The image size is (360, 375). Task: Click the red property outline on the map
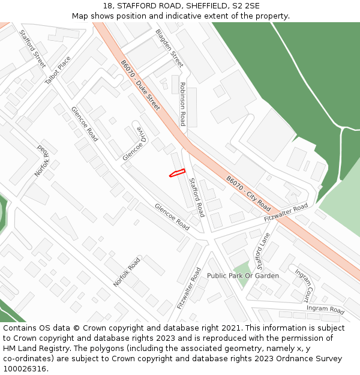tap(176, 173)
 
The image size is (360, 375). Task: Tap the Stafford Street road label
tap(32, 49)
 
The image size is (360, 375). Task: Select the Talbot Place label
tap(58, 70)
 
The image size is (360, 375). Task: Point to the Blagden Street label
tap(169, 47)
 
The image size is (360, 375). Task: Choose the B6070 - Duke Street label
tap(140, 85)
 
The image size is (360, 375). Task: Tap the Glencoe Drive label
tap(133, 143)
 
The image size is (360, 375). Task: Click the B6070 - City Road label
tap(248, 193)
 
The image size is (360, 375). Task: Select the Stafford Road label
tap(196, 197)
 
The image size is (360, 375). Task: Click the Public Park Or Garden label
tap(243, 275)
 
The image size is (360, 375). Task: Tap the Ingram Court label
tap(304, 285)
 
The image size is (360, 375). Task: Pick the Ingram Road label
tap(325, 310)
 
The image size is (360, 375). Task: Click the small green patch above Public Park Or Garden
tap(241, 268)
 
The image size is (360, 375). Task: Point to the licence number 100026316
tap(24, 369)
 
